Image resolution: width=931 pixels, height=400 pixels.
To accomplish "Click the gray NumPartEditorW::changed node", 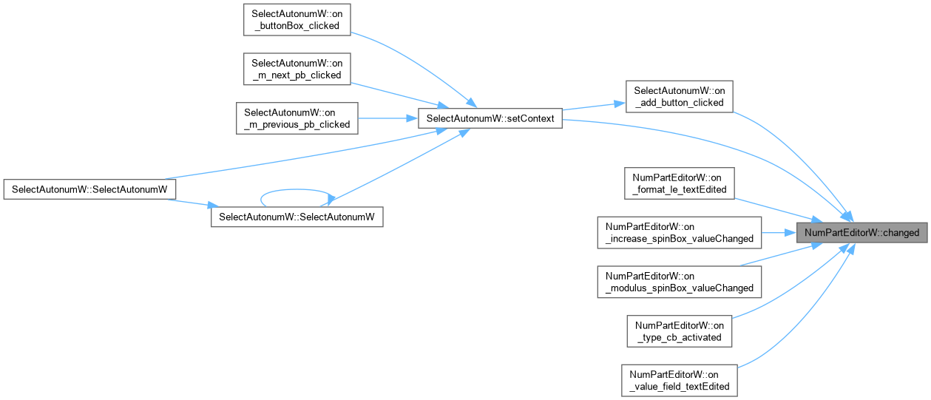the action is tap(861, 233).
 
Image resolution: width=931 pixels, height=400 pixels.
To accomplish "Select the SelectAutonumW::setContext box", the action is tap(490, 118).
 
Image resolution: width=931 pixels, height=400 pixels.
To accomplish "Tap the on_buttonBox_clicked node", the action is tap(297, 19).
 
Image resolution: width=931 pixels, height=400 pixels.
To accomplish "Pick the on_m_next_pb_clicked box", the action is tap(297, 69).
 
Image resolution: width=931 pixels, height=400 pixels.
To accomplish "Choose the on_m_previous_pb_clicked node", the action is tap(297, 118).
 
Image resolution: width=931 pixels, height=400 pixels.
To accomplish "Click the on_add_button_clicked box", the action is tap(679, 96).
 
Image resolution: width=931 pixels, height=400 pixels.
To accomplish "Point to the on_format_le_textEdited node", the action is tap(679, 183).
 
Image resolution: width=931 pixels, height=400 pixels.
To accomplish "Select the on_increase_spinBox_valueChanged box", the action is tap(679, 233).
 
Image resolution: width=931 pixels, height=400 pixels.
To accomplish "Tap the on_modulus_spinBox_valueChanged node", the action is tap(679, 282).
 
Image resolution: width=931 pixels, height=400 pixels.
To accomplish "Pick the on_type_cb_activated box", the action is tap(679, 331).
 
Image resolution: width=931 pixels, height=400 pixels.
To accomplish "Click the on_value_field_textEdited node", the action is tap(679, 381).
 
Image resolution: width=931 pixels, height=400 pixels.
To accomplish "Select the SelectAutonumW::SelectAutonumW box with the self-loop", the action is tap(297, 217).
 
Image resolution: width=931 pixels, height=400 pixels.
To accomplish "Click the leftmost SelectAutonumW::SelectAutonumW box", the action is tap(89, 189).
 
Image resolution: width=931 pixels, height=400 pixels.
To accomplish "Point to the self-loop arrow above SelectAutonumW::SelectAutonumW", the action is tap(297, 190).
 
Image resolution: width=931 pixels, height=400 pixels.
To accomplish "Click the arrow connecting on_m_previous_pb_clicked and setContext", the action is tap(387, 118).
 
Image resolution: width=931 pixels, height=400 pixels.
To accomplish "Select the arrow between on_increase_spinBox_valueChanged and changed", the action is tap(779, 233).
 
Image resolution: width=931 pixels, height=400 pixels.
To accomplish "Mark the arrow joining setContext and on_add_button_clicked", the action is tap(594, 106).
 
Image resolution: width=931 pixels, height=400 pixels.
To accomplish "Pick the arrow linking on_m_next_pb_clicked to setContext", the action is tap(400, 95).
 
